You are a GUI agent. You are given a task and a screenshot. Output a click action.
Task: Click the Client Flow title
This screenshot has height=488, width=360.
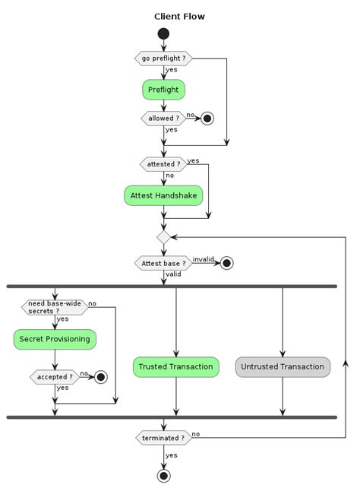click(179, 16)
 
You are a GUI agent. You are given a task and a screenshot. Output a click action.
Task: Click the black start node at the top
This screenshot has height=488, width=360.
click(163, 34)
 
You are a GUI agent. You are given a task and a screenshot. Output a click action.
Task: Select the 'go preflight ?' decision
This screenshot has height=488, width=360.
click(163, 59)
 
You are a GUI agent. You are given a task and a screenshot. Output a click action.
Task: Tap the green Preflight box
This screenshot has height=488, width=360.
click(163, 90)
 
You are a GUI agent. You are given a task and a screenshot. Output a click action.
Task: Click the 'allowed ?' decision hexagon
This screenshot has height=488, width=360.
click(163, 119)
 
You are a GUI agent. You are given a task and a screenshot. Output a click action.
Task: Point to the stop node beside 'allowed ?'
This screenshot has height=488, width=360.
click(206, 119)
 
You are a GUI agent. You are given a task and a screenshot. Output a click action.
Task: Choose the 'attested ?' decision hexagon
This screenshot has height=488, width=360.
click(163, 164)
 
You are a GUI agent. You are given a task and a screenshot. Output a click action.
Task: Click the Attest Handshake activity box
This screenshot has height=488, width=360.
click(163, 195)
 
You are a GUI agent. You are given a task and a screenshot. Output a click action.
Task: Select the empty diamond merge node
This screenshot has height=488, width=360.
click(163, 237)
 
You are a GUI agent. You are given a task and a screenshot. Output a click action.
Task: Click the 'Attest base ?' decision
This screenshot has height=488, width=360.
click(163, 263)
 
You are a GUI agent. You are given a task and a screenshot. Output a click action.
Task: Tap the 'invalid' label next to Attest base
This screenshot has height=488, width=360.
click(203, 259)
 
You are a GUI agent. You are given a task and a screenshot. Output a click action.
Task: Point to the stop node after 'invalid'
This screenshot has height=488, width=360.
click(226, 263)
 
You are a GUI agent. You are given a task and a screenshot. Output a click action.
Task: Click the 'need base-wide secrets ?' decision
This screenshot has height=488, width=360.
click(55, 307)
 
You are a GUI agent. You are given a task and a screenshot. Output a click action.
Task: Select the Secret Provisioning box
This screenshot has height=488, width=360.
click(55, 338)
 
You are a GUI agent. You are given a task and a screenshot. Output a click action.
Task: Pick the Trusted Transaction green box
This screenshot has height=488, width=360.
click(176, 366)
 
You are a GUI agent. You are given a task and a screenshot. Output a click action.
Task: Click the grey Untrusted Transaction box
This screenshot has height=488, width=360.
click(283, 366)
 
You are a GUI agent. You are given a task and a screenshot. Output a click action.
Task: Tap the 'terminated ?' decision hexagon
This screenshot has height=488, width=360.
click(163, 438)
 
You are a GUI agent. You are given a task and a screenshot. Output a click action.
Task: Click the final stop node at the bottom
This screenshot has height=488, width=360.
click(163, 476)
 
